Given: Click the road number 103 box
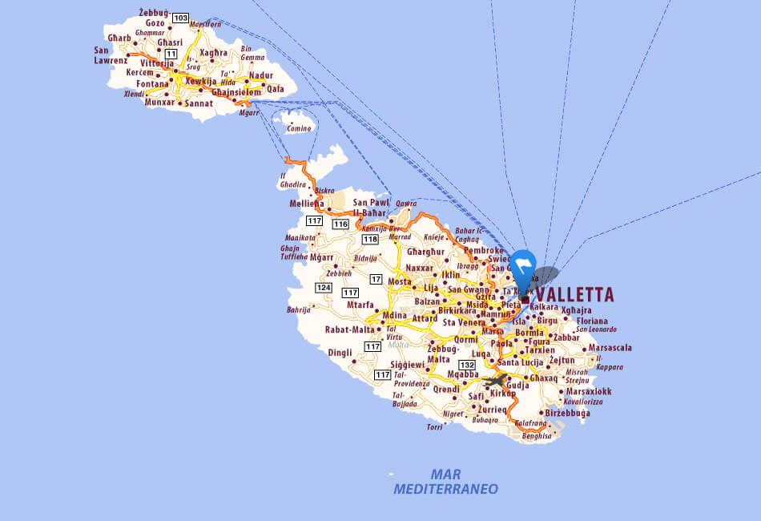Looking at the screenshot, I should pos(180,18).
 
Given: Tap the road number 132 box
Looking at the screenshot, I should pos(467,365).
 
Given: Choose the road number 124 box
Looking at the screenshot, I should pos(323,287).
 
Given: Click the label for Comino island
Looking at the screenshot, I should pos(299,128).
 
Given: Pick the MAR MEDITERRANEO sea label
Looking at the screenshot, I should pos(445,481).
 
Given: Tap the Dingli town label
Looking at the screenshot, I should pos(340,352).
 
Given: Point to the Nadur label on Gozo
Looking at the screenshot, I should pos(260,75).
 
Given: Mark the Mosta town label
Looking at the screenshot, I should pos(400,281).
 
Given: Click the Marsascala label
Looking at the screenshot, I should pos(610,348).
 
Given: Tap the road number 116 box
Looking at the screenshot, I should pos(340,224).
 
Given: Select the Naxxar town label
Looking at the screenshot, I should pos(420,268).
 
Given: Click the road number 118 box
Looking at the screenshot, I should pos(370,239).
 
